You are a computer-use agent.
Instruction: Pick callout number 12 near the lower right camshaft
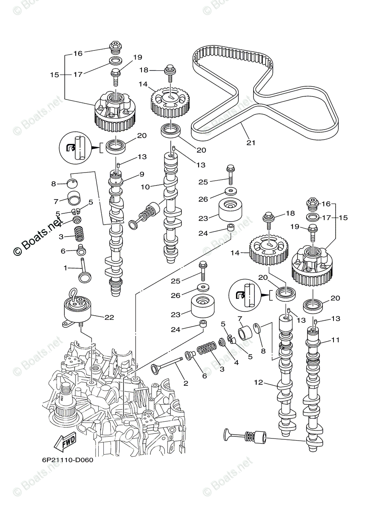258,382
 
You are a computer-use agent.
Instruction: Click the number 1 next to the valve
66,267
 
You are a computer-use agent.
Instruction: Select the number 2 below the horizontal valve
186,383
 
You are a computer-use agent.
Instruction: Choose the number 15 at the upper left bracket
55,75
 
